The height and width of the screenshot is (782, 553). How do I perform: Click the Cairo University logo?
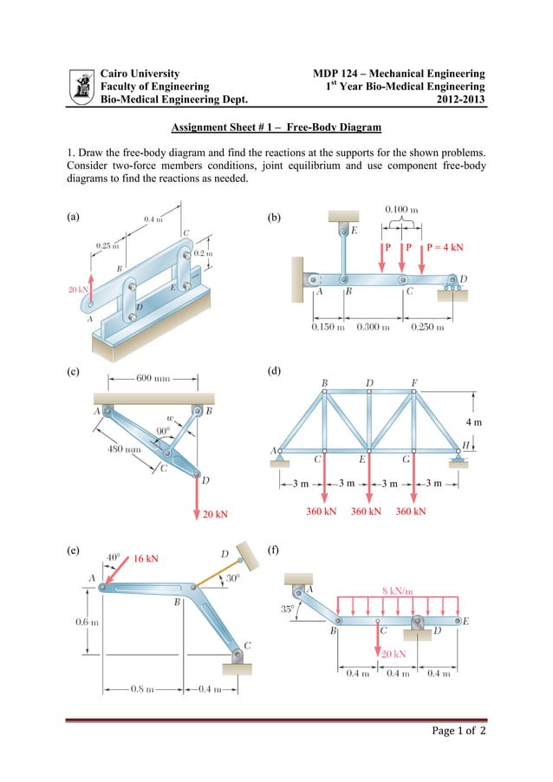[x=83, y=87]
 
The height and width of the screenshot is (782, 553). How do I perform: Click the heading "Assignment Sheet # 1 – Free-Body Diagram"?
[x=276, y=128]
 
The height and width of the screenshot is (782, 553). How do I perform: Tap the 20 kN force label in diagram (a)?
[x=78, y=290]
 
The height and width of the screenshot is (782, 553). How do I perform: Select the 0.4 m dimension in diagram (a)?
[x=153, y=219]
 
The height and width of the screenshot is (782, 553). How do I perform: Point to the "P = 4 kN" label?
[x=444, y=247]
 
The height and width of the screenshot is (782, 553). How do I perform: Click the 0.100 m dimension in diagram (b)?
[x=401, y=210]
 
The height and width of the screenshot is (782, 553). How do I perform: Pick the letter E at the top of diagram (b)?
[x=354, y=230]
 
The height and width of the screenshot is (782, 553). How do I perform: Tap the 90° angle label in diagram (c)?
[x=162, y=431]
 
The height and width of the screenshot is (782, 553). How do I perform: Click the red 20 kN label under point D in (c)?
[x=215, y=514]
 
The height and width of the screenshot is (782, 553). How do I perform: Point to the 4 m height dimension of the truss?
[x=472, y=421]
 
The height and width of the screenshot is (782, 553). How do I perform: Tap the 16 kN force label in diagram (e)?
[x=146, y=558]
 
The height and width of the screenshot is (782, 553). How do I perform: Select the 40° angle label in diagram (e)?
[x=114, y=557]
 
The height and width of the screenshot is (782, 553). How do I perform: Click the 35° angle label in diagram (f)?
[x=286, y=609]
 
